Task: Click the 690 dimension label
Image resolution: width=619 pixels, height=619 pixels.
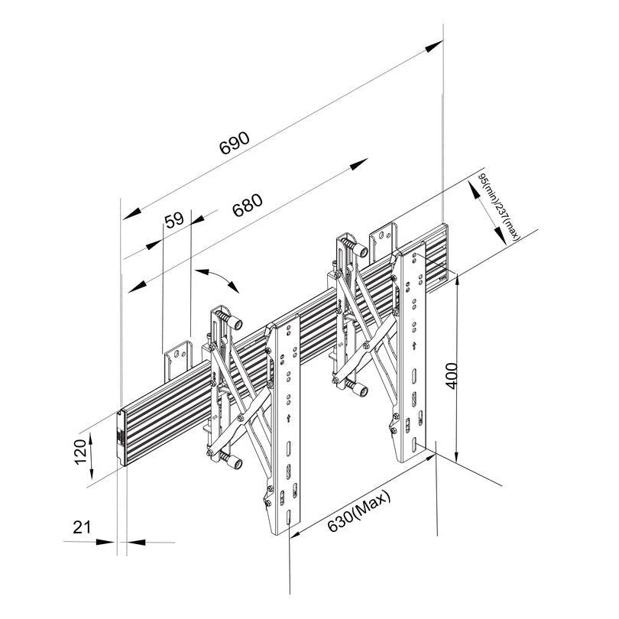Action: point(235,142)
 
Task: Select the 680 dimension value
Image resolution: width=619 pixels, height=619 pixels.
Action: point(247,205)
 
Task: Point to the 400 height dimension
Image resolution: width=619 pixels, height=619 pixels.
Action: point(452,375)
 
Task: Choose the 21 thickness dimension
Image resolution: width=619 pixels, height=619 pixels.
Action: point(82,527)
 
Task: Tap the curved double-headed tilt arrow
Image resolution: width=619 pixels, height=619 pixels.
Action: point(217,280)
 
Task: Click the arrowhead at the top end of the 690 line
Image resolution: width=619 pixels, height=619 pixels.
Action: point(434,45)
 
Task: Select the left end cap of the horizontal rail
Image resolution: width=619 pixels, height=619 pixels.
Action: point(122,438)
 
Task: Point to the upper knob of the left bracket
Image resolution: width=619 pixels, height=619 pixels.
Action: point(236,323)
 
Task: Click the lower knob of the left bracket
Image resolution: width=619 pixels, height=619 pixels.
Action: point(236,462)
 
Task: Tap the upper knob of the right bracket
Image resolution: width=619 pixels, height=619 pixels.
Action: point(361,251)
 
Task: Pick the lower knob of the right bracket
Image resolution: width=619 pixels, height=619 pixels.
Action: point(361,390)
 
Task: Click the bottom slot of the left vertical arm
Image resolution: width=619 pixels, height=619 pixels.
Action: point(289,517)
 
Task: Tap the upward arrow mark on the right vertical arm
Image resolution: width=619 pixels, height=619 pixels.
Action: point(413,347)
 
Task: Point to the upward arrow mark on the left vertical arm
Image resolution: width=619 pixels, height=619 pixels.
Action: point(289,418)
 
